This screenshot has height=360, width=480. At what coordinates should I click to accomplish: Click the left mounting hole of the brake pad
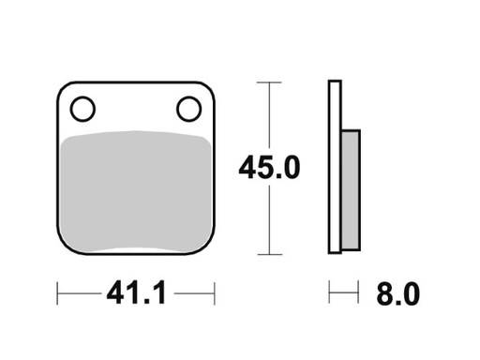point(82,110)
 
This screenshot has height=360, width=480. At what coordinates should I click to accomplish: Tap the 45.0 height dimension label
point(270,169)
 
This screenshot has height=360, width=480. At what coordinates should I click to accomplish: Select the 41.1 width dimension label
point(136,294)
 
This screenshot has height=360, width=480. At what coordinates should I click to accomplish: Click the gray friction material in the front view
point(137,192)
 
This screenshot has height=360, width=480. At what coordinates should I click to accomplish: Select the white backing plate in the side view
point(334,169)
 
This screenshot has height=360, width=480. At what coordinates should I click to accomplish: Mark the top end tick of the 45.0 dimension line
point(270,83)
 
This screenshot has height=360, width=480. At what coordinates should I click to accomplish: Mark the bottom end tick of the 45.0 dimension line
point(270,254)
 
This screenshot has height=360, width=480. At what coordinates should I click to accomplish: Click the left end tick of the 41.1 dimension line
point(58,294)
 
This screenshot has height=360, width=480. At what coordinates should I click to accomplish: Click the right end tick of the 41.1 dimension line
point(215,294)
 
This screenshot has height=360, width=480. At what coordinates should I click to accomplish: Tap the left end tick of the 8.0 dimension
point(329,294)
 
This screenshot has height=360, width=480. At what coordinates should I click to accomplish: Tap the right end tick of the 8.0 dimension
point(359,294)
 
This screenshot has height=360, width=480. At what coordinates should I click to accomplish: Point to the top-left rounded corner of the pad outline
point(63,88)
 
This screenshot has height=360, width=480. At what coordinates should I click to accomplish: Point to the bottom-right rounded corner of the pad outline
point(211,249)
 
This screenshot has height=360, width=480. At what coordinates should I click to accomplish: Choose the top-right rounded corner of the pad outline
point(211,88)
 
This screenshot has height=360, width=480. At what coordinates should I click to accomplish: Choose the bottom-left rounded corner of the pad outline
point(63,249)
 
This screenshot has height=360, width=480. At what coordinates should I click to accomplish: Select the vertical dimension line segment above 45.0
point(270,117)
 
